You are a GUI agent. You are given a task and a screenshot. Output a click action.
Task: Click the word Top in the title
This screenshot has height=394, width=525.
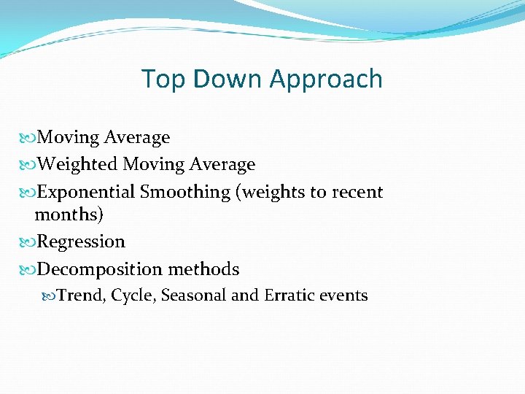tap(159, 79)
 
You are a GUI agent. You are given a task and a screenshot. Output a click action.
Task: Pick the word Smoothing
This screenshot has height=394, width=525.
tap(184, 193)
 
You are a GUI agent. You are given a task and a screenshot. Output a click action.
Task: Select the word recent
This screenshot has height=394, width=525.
tap(357, 193)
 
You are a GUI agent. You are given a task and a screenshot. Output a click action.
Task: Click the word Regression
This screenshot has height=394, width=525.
tap(81, 242)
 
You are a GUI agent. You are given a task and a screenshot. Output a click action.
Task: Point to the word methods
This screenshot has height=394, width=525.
tap(203, 270)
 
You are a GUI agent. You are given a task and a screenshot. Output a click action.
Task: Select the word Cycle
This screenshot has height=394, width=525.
tap(134, 295)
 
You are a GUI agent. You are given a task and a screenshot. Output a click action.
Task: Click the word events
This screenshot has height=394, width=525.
tap(345, 295)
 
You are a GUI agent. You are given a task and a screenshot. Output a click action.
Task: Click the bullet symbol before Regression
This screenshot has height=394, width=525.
tap(28, 242)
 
